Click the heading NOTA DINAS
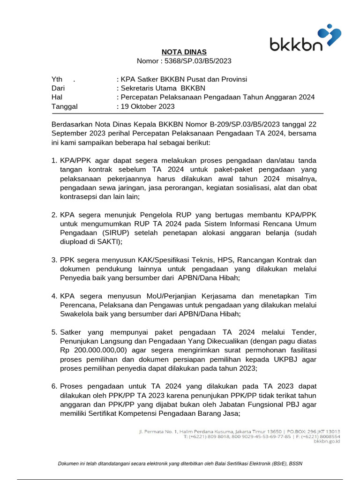184,52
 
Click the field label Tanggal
64,106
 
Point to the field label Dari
58,88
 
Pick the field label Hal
56,97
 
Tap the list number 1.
54,161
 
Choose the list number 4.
54,296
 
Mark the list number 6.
54,387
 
